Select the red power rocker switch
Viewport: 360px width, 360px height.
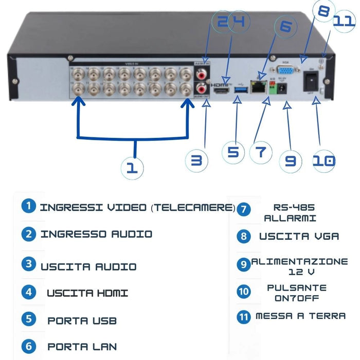tap(310, 80)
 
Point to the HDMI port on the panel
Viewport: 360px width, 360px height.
tap(221, 91)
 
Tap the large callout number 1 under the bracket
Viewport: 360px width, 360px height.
tap(133, 167)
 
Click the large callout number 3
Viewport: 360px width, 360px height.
tap(196, 160)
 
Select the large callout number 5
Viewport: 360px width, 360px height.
tap(233, 152)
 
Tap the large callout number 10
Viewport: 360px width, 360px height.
tap(324, 160)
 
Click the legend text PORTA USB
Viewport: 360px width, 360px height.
tap(82, 321)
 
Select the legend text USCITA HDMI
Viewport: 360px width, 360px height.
tap(87, 293)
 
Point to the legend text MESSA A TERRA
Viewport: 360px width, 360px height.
tap(301, 316)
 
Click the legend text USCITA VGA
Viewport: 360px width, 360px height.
tap(299, 236)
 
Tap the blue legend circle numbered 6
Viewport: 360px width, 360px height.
tap(29, 346)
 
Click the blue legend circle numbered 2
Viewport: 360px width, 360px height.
tap(29, 234)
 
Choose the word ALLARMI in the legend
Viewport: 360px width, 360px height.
tap(290, 218)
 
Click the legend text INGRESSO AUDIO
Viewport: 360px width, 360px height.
tap(96, 234)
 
